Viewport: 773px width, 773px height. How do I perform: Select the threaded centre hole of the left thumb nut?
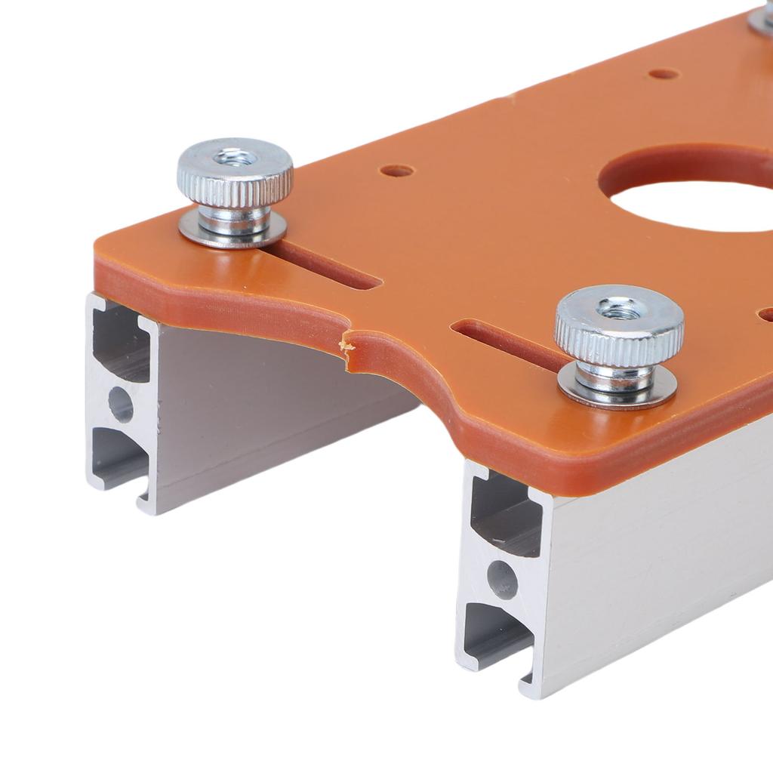[236, 159]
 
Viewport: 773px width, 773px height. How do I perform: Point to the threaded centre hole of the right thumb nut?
[619, 308]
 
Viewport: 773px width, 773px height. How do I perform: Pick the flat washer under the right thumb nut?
[617, 393]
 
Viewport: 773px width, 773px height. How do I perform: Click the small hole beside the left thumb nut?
[397, 171]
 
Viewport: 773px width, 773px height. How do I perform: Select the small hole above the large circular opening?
[664, 74]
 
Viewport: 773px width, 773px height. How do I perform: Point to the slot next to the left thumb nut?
[332, 268]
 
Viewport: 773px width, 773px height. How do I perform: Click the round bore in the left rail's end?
[121, 405]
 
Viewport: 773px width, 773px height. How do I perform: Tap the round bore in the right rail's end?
[502, 580]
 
